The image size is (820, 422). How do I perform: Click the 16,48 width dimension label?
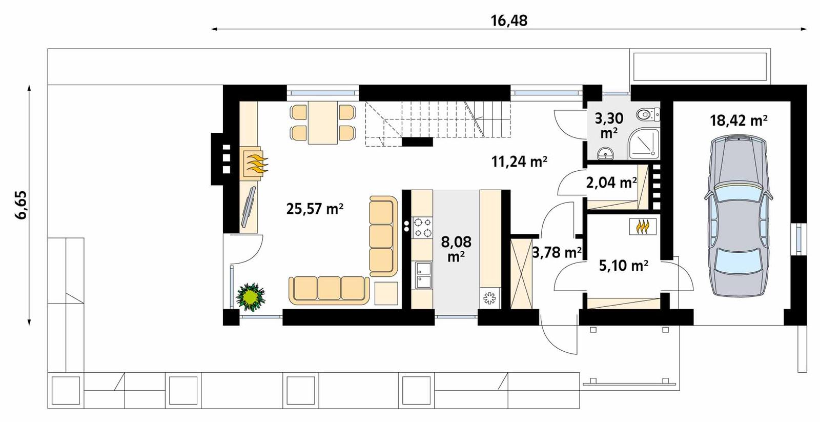(x=508, y=21)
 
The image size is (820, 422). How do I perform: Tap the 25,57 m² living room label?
(x=315, y=209)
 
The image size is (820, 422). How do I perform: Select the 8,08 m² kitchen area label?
(x=456, y=248)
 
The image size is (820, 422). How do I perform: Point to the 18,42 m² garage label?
(x=738, y=120)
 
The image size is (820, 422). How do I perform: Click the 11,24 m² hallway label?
(x=519, y=162)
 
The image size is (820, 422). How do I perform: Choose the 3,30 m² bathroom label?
(x=609, y=125)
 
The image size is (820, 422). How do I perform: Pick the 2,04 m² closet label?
(x=611, y=183)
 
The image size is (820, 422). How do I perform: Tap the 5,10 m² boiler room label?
(x=623, y=266)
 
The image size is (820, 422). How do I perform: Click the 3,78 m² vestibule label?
(x=556, y=252)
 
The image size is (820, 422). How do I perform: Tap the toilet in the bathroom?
(x=646, y=114)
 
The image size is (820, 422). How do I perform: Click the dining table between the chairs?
(x=322, y=122)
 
